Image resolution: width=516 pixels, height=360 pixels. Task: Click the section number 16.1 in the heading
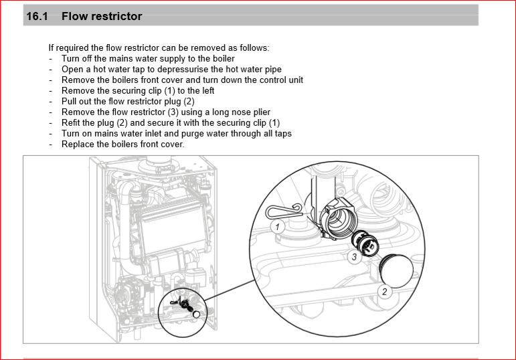point(37,16)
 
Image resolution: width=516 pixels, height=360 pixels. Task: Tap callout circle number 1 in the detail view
point(278,227)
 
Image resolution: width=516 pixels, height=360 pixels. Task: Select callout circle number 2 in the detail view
point(384,292)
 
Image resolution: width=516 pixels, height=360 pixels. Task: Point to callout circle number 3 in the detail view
point(354,257)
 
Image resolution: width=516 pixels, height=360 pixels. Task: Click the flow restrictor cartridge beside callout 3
point(365,242)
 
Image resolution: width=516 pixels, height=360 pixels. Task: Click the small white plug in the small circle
point(197,314)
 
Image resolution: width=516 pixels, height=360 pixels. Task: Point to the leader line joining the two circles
point(230,290)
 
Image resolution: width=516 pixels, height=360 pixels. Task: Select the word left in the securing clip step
point(208,90)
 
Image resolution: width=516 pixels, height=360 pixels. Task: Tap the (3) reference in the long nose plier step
point(173,112)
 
